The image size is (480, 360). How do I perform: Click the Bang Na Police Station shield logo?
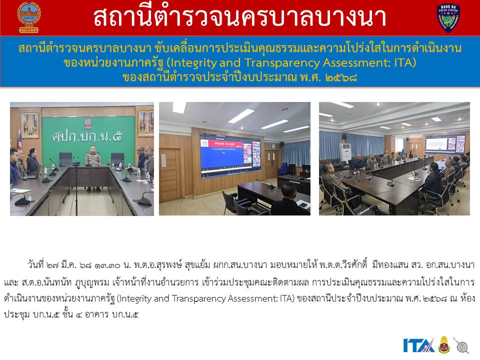click(x=448, y=18)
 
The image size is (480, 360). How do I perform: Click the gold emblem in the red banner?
click(x=29, y=17)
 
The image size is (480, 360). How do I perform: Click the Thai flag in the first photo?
click(x=20, y=139)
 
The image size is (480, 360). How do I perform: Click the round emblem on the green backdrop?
click(x=88, y=123)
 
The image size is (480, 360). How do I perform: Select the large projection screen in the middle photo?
click(x=230, y=155)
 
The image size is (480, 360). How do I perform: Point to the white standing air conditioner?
click(x=345, y=152)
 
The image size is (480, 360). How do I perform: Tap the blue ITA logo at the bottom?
click(x=418, y=345)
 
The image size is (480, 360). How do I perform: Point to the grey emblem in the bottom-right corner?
click(x=461, y=346)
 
